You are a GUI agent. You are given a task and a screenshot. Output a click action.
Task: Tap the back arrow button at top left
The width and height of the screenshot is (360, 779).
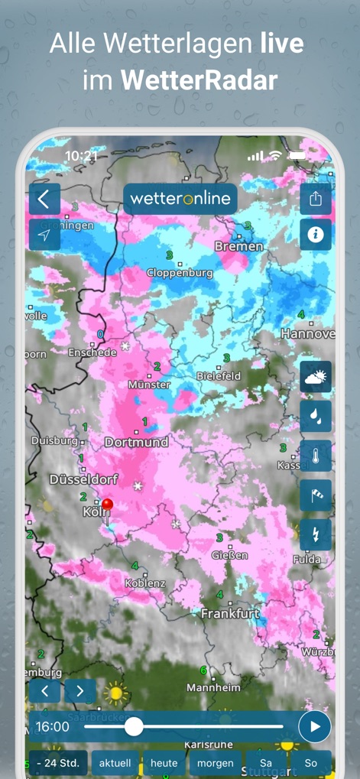click(44, 200)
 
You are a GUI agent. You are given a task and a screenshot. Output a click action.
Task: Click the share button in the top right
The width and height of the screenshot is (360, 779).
click(315, 200)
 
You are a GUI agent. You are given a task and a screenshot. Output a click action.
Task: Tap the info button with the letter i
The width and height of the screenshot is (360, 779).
click(315, 235)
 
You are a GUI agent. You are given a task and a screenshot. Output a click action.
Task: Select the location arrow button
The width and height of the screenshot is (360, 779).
click(44, 235)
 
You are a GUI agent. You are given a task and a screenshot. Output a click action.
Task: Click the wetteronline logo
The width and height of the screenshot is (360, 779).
click(180, 199)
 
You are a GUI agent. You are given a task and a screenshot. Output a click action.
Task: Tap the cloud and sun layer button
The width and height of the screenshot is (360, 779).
click(315, 377)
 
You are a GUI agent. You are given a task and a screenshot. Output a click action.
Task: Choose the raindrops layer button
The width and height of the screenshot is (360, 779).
click(315, 416)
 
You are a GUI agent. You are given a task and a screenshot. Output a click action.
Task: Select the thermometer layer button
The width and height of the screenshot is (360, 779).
click(315, 456)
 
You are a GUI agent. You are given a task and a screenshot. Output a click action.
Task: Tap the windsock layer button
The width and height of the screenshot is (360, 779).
click(315, 495)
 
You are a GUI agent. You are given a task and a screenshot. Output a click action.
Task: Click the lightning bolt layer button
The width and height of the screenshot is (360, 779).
click(315, 534)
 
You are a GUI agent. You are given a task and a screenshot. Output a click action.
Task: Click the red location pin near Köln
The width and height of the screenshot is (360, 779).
click(108, 505)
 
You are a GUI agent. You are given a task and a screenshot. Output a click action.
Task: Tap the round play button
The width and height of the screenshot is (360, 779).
click(314, 726)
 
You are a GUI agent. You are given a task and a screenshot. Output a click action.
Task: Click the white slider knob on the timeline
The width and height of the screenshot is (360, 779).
click(134, 726)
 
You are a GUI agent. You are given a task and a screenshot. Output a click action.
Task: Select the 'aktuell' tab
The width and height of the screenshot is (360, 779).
click(115, 763)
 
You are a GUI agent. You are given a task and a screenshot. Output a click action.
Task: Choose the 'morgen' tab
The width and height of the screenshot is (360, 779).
click(216, 763)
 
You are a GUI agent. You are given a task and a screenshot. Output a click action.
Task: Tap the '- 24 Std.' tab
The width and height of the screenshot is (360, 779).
click(58, 763)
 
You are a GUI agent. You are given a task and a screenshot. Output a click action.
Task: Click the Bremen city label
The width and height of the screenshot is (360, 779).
click(238, 247)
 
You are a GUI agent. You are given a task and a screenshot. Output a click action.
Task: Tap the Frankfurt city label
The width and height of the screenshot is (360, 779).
click(230, 614)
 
